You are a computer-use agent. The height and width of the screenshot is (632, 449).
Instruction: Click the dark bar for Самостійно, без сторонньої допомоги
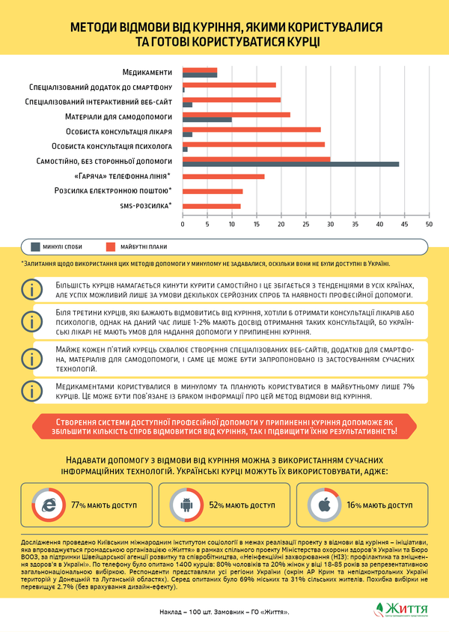click(x=290, y=164)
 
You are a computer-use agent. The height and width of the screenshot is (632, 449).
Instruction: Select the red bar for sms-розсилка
click(x=212, y=206)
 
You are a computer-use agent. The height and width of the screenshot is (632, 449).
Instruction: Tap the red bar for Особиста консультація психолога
click(x=254, y=144)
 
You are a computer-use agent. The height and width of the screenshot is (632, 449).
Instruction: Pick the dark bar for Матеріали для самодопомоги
click(x=207, y=119)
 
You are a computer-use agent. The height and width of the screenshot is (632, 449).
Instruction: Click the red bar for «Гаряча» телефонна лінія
click(x=224, y=176)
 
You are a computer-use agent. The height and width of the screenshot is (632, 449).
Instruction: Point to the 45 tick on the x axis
click(x=405, y=223)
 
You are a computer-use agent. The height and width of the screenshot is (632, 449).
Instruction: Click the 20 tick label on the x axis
click(x=281, y=223)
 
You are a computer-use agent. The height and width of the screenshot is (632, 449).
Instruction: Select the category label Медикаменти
click(x=147, y=72)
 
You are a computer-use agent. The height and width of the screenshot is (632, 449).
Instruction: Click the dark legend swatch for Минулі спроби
click(x=37, y=246)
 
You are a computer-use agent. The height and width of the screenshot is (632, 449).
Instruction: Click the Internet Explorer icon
click(x=48, y=505)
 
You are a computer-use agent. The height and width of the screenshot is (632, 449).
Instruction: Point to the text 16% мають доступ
click(x=379, y=505)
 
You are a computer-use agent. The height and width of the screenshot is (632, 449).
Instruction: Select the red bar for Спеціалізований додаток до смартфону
click(x=229, y=85)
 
